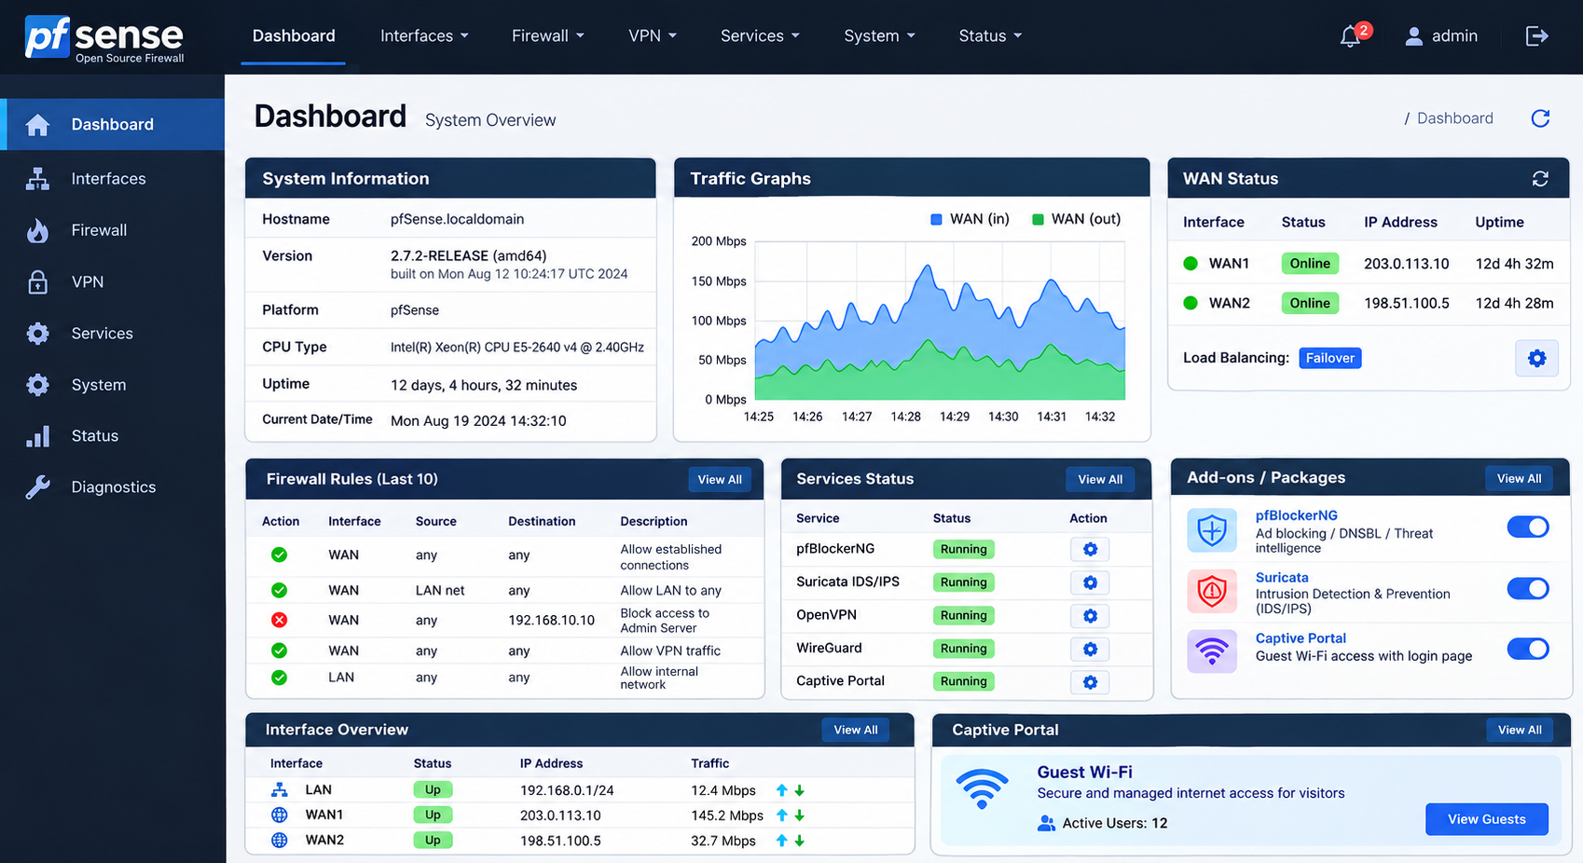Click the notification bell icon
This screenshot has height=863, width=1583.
coord(1350,36)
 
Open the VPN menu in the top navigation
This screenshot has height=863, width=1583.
coord(652,36)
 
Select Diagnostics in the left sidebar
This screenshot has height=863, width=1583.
coord(113,486)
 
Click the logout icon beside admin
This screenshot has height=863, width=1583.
coord(1536,36)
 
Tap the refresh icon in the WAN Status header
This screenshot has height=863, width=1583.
coord(1540,179)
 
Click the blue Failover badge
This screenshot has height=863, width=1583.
coord(1329,358)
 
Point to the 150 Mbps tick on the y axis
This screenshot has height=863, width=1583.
coord(719,281)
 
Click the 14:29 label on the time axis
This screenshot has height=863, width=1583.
coord(954,417)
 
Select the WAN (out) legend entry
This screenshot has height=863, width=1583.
coord(1076,219)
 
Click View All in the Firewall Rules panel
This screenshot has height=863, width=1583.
coord(720,480)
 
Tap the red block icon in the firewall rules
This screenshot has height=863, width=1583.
coord(279,620)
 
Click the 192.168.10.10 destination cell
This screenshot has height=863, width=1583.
coord(551,620)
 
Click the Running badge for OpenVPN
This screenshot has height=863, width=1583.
coord(963,615)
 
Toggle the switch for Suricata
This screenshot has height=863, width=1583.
coord(1528,588)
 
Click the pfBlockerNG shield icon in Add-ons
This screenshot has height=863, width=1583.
coord(1212,529)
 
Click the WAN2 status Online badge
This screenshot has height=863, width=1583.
coord(1310,303)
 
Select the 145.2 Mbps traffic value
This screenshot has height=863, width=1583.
coord(727,815)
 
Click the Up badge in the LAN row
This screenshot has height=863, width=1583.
coord(433,789)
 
